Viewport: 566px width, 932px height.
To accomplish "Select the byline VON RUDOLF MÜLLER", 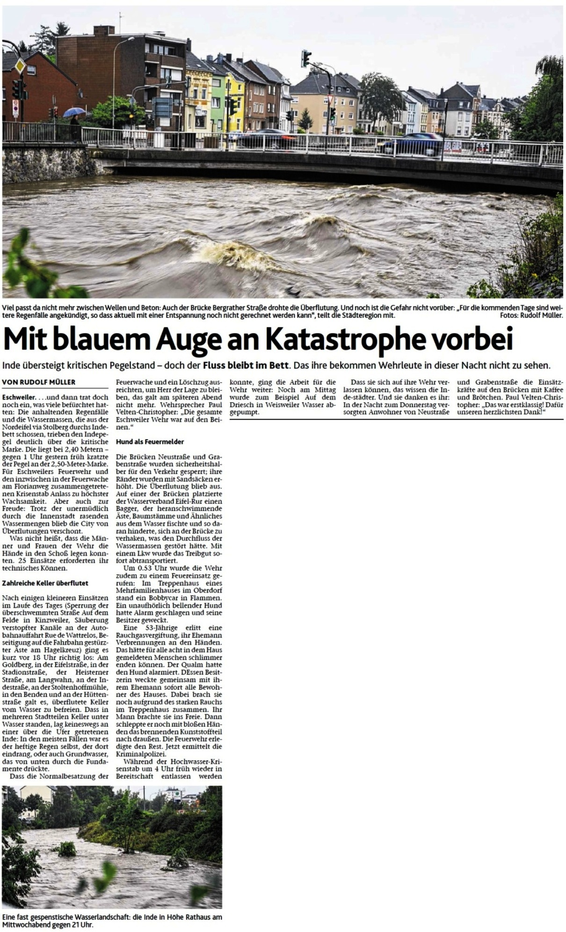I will (39, 382).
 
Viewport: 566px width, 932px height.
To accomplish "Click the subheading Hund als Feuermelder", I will (150, 441).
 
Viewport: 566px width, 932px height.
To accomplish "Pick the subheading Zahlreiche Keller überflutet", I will (45, 583).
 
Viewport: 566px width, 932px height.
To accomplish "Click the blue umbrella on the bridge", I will (74, 112).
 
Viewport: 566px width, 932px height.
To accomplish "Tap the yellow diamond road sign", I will (20, 66).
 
